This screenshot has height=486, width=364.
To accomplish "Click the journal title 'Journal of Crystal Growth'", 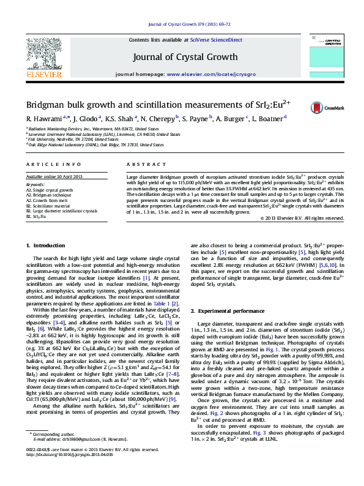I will point(185,57).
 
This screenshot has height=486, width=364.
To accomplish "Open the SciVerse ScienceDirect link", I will point(216,40).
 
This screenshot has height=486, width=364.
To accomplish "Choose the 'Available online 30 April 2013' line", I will point(55,177).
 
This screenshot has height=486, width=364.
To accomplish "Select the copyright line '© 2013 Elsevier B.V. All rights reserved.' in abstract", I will point(302,217).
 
